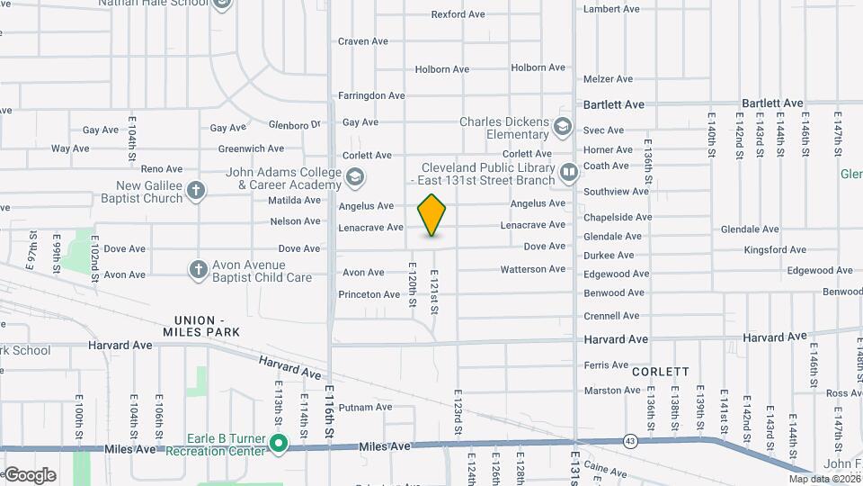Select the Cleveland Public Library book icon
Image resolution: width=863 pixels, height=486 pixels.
pyautogui.click(x=568, y=171)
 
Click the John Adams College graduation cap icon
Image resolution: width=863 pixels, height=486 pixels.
pyautogui.click(x=355, y=178)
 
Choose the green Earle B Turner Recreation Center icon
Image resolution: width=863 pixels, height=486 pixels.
pyautogui.click(x=280, y=443)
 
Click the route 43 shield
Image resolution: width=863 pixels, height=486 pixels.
pyautogui.click(x=630, y=440)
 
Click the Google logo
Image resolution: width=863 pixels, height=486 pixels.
pyautogui.click(x=30, y=474)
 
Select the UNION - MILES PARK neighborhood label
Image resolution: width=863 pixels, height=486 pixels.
pyautogui.click(x=207, y=326)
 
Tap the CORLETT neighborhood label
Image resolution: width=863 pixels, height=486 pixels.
pyautogui.click(x=660, y=371)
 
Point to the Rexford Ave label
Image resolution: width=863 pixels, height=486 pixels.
pyautogui.click(x=458, y=14)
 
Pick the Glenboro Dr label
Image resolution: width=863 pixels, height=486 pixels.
pyautogui.click(x=295, y=124)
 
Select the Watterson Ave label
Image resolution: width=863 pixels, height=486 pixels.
pyautogui.click(x=533, y=269)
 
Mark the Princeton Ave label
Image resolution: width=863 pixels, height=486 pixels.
pyautogui.click(x=369, y=294)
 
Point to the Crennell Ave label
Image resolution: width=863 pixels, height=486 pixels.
pyautogui.click(x=611, y=316)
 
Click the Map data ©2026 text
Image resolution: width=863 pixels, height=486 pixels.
pyautogui.click(x=823, y=479)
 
